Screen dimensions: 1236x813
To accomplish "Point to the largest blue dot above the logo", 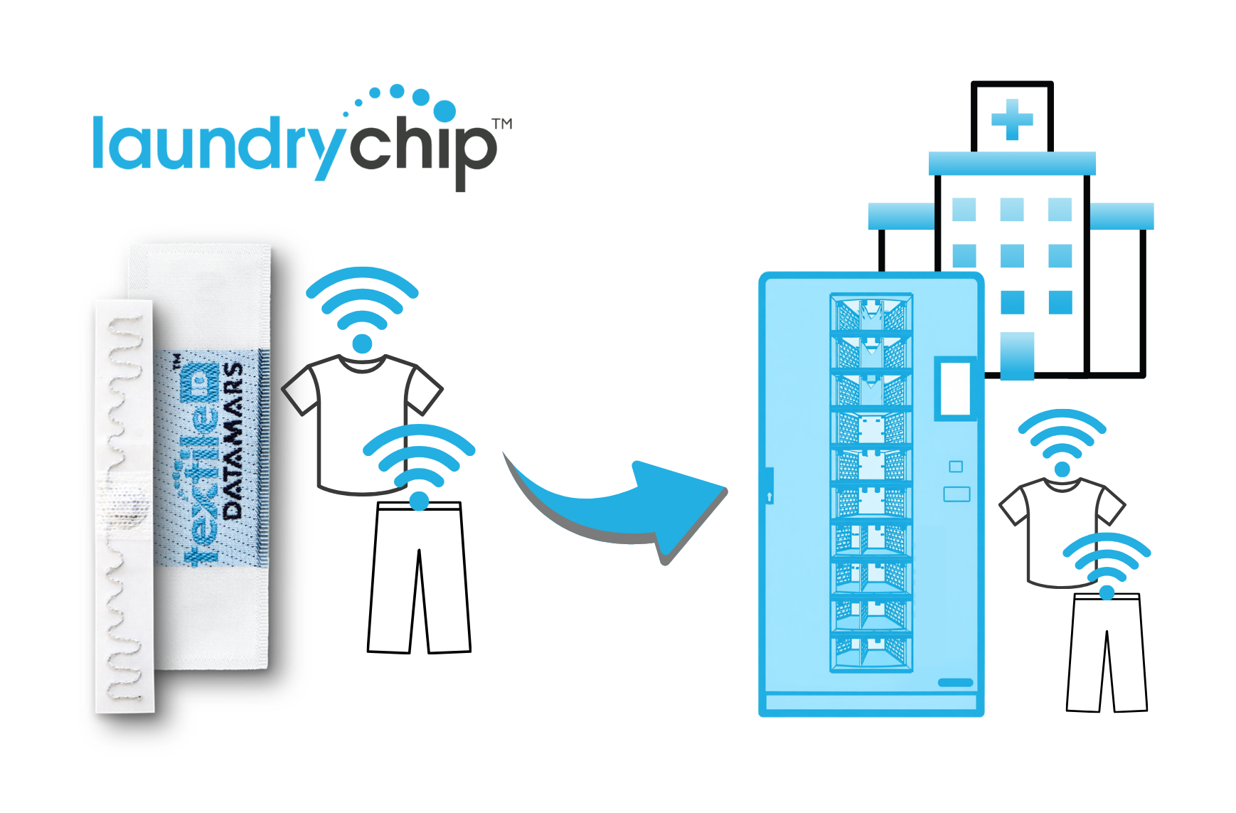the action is click(x=444, y=110).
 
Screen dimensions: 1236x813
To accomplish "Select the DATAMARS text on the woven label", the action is click(x=233, y=441).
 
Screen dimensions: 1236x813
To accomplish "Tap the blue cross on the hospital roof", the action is click(x=1012, y=119).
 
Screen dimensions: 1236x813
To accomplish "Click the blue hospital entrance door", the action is click(x=1017, y=356).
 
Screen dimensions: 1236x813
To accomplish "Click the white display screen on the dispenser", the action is click(x=954, y=388).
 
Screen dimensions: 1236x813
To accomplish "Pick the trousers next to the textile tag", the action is click(x=419, y=577).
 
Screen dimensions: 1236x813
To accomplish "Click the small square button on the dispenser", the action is click(x=956, y=467).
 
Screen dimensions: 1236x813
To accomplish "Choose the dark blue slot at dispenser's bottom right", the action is click(x=955, y=682).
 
